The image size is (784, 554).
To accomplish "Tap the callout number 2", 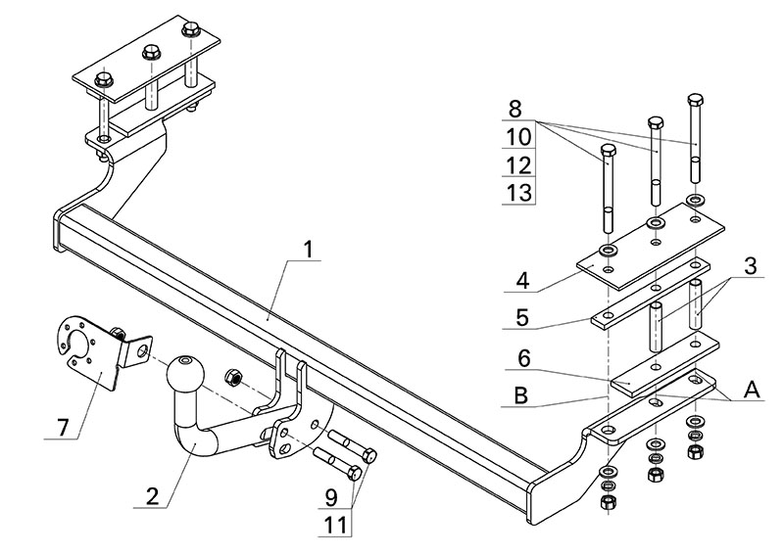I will (x=152, y=495).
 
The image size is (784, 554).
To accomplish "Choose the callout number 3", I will (x=750, y=265).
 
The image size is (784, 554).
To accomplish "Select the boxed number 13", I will (x=519, y=192).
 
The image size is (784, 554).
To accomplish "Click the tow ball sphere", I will (x=184, y=374).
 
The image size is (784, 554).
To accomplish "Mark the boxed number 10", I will (x=519, y=135).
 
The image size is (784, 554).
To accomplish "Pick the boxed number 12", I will (x=519, y=163).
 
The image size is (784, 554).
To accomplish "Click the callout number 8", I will (x=519, y=107).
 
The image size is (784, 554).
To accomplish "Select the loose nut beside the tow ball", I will (x=234, y=376).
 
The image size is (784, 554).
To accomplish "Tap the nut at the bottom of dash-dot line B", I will (x=607, y=501).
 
